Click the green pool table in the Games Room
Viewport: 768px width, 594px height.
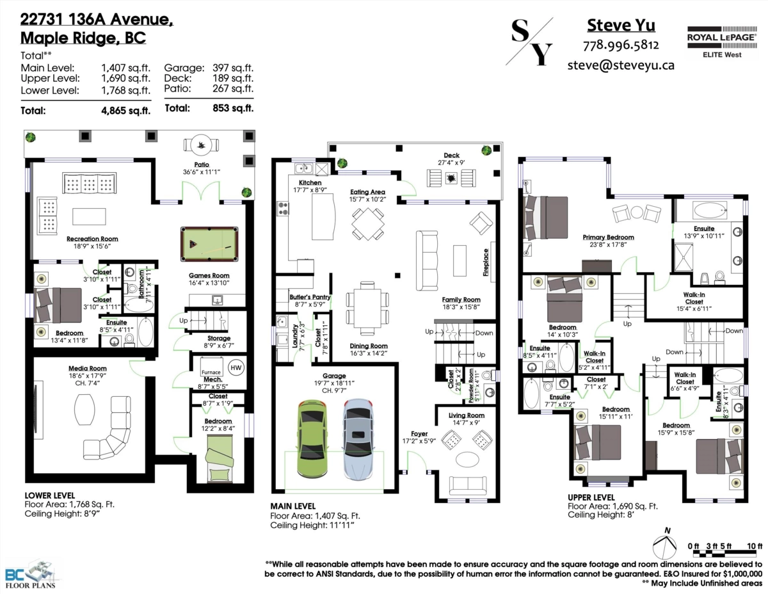[x=207, y=244]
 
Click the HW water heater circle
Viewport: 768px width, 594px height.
[x=236, y=367]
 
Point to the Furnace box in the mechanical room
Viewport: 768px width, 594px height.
[x=211, y=372]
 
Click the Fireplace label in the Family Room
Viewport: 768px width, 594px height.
[x=486, y=262]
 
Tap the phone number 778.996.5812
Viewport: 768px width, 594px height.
[x=621, y=45]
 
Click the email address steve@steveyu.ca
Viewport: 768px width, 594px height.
[x=621, y=65]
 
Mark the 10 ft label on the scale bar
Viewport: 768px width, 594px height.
[x=755, y=546]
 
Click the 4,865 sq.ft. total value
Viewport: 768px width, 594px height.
[x=125, y=110]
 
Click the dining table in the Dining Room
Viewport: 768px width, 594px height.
[x=367, y=308]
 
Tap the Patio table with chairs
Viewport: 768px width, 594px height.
[x=203, y=145]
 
